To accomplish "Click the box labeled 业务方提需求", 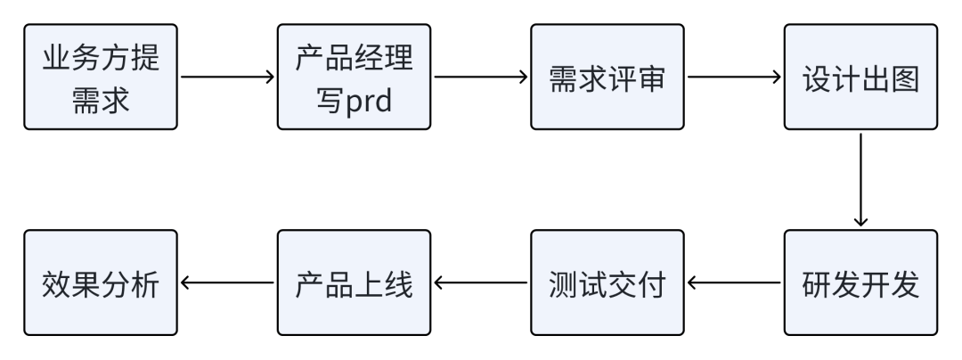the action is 101,77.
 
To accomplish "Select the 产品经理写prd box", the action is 354,77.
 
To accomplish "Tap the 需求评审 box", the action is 607,77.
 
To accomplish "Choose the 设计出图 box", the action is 860,77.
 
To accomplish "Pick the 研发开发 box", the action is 860,282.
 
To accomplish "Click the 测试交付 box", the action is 607,282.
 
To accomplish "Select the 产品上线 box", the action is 354,282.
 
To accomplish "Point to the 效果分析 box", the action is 101,282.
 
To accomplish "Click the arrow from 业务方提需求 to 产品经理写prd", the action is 228,77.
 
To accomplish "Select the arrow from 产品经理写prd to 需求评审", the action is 481,77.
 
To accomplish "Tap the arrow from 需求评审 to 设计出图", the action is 734,77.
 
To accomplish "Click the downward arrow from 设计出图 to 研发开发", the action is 860,180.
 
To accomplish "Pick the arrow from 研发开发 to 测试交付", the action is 734,282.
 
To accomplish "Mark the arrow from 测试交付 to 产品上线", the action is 481,282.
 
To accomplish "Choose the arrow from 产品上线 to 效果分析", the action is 228,282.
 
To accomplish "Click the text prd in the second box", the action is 369,100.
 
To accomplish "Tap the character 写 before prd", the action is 330,99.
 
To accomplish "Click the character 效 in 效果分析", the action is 56,285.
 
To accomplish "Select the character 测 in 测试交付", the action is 563,285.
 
